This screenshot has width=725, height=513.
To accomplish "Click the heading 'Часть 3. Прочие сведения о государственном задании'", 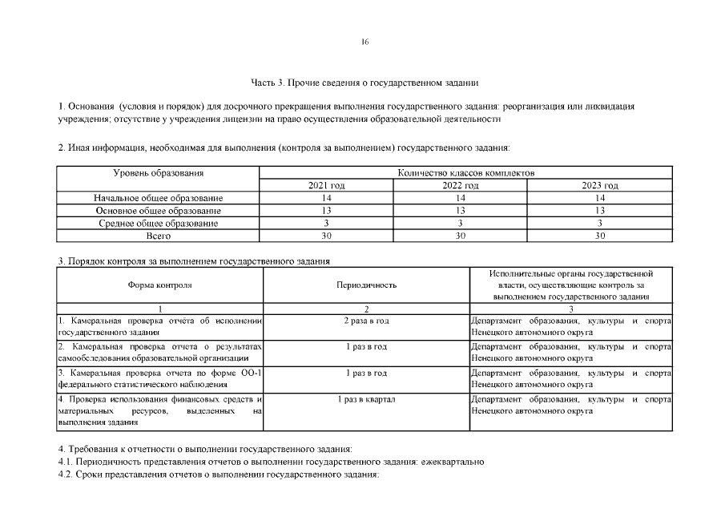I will click(365, 82).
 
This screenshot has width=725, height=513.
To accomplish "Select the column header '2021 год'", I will click(326, 185).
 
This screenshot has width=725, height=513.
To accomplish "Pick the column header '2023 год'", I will click(600, 185).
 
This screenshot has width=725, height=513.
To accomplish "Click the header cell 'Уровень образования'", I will click(158, 173).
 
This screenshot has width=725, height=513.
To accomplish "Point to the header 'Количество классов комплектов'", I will click(465, 173).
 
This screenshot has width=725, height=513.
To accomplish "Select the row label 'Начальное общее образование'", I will click(158, 198).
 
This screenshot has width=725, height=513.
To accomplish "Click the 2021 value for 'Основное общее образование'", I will click(326, 210).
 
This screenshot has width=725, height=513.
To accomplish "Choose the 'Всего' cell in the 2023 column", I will click(600, 236).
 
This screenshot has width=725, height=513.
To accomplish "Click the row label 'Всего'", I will click(158, 236).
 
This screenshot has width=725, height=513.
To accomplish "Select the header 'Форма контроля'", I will click(159, 285).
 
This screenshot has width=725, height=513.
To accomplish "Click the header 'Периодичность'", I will click(366, 285).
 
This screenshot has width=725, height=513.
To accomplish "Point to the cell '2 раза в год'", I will click(366, 321).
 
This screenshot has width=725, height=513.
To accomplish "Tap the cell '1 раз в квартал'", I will click(366, 398).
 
